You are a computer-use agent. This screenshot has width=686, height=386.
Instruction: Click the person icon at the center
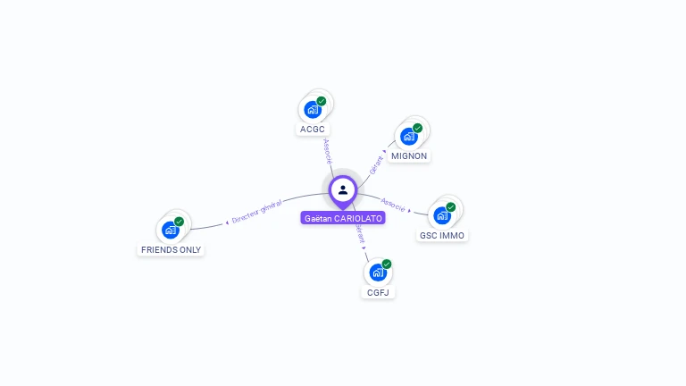point(343,189)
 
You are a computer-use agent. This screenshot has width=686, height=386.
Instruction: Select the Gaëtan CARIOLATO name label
point(343,218)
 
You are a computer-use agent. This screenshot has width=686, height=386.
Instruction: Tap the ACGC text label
point(313,129)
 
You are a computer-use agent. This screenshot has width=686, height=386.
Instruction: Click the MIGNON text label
point(410,155)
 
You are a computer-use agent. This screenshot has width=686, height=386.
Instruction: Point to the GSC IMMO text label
point(442,236)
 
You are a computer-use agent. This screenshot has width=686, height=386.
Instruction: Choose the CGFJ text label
point(378,292)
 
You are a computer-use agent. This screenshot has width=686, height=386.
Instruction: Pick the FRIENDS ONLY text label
point(171,250)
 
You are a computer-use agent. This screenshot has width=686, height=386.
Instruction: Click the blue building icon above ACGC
point(312,110)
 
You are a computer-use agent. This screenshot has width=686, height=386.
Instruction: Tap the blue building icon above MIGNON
point(409,137)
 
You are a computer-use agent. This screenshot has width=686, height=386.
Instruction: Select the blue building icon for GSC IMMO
point(441,216)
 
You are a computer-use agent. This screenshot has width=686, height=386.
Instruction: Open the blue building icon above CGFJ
point(377,273)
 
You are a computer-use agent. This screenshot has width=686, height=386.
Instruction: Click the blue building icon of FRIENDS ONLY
point(170,231)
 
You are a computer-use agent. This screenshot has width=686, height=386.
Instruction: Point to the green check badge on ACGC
point(322,101)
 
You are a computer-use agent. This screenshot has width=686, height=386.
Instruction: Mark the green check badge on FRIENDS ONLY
point(179,222)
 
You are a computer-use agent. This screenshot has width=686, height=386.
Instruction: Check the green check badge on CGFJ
point(387,264)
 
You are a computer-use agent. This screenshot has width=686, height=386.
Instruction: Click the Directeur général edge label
point(256,212)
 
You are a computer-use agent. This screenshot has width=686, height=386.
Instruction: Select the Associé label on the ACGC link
point(328,150)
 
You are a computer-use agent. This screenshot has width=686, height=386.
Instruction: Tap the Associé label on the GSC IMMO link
point(393,204)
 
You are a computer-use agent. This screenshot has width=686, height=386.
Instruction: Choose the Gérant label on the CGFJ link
point(360,233)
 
